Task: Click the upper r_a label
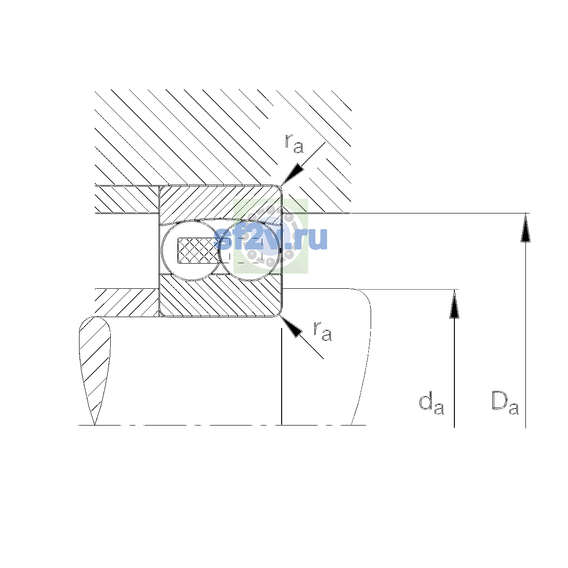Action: [x=294, y=143]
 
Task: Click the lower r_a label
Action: [x=322, y=331]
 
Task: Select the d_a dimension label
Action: [x=431, y=404]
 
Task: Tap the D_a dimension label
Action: [x=505, y=403]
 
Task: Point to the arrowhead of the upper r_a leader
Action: [x=293, y=174]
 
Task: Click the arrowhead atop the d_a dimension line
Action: [x=454, y=304]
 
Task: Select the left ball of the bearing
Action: [x=191, y=250]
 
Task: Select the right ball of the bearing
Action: [x=249, y=250]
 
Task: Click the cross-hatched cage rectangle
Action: [x=198, y=250]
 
